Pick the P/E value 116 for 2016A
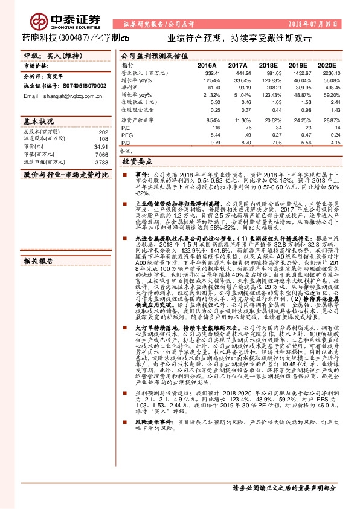coord(216,128)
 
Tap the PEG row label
coord(127,135)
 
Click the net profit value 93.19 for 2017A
coord(242,87)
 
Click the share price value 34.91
coord(100,147)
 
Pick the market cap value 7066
coord(100,155)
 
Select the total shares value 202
coord(103,131)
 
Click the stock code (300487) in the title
coord(75,37)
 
